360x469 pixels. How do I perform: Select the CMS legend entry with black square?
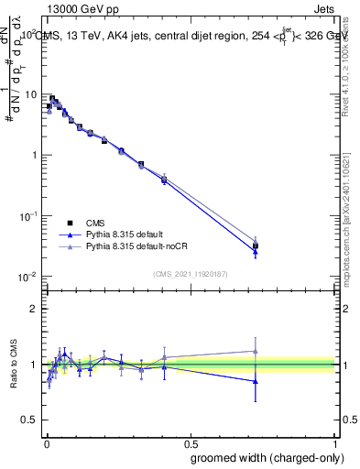tap(93, 223)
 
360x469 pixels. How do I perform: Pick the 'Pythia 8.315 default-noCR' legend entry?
tap(134, 246)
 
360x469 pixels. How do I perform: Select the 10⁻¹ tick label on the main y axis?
tap(29, 215)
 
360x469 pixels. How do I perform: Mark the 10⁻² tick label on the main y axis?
tap(29, 276)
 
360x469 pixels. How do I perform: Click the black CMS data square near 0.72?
tap(256, 245)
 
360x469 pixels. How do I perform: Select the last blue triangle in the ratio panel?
tap(256, 381)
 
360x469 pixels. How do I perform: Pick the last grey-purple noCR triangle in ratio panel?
tap(256, 351)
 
